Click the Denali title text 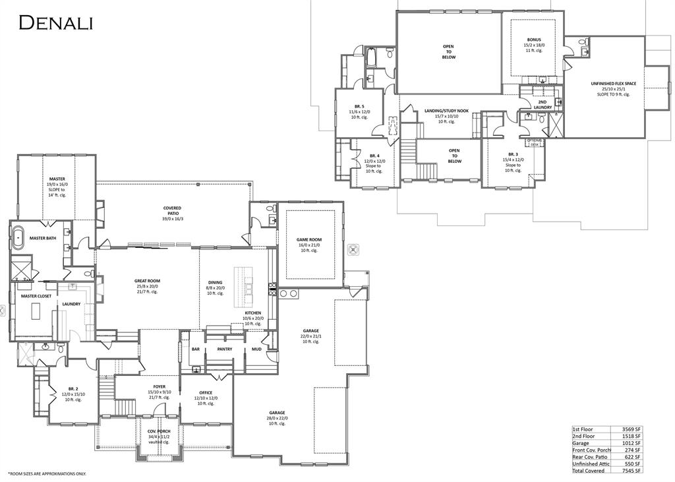[x=56, y=22]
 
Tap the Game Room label [x=309, y=239]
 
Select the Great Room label [x=147, y=281]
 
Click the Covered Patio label [x=172, y=208]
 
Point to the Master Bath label [x=42, y=238]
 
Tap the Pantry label [x=224, y=349]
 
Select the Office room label [x=206, y=393]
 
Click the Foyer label [x=159, y=386]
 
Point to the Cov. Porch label [x=159, y=431]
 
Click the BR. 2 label [x=73, y=389]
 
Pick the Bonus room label [x=534, y=40]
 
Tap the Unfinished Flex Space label [x=613, y=84]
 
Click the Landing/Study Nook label [x=447, y=111]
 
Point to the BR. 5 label [x=359, y=106]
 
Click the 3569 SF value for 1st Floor [x=631, y=429]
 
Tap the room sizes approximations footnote [x=47, y=474]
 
